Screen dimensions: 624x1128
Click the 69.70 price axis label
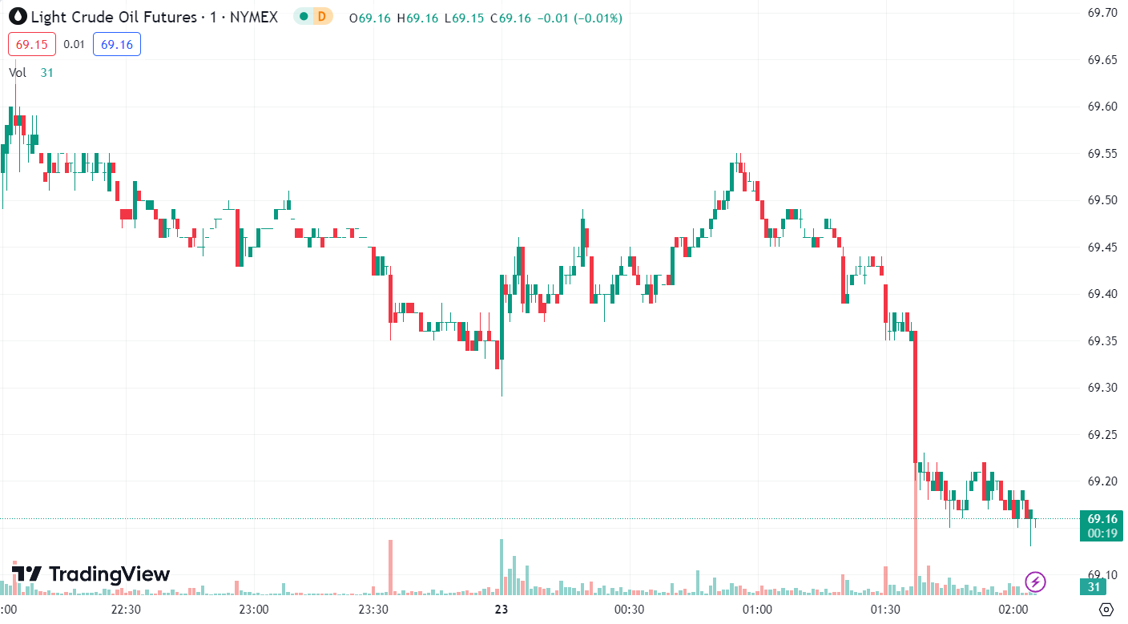point(1102,12)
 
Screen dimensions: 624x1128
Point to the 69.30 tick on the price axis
point(1102,388)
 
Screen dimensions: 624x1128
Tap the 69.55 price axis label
point(1102,153)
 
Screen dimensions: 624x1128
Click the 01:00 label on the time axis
point(757,610)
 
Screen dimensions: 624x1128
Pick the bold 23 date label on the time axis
point(502,610)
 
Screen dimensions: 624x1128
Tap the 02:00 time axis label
point(1013,610)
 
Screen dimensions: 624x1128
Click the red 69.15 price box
point(32,44)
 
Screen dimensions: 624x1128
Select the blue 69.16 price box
point(117,44)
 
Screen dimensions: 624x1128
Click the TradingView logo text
point(109,574)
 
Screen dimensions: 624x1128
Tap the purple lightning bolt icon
point(1036,582)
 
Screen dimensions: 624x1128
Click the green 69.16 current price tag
point(1101,518)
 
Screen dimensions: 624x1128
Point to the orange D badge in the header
point(322,16)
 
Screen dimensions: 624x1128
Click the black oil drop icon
point(17,16)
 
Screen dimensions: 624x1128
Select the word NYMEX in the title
point(254,17)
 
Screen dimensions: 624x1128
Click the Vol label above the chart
point(18,72)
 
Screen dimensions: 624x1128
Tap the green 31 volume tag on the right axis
point(1094,587)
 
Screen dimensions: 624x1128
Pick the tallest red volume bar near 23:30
point(391,566)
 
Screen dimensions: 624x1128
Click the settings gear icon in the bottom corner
point(1107,609)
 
